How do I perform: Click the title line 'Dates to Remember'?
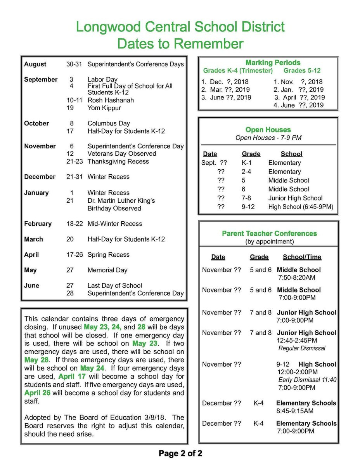[x=180, y=43]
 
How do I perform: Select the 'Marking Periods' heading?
[x=273, y=63]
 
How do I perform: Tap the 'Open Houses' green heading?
[x=268, y=130]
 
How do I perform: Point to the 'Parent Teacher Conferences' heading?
[x=269, y=233]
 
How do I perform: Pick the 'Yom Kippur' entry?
[x=104, y=108]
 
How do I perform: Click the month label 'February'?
[x=38, y=224]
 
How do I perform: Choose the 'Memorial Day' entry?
[x=107, y=270]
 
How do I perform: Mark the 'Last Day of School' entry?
[x=115, y=285]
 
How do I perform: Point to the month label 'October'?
[x=36, y=123]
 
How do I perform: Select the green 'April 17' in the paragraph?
[x=72, y=376]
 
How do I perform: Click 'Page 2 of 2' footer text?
[x=180, y=453]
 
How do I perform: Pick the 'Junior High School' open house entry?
[x=295, y=198]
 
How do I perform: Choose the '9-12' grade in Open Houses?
[x=248, y=207]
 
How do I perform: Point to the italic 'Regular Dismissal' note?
[x=302, y=348]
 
